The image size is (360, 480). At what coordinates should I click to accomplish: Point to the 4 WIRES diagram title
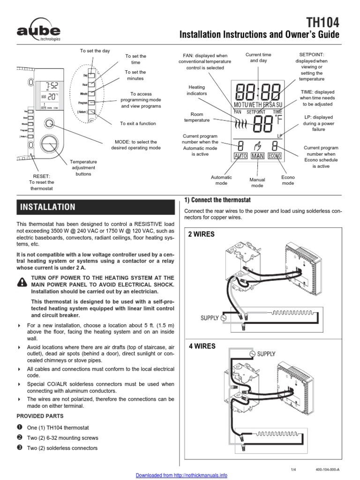(x=202, y=346)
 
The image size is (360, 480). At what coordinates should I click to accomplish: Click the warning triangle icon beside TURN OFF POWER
(x=22, y=281)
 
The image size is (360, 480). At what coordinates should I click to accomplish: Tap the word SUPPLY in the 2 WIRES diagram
(x=210, y=318)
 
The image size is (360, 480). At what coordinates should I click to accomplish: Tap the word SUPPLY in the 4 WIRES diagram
(x=266, y=354)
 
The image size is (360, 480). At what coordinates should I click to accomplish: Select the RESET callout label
(x=41, y=182)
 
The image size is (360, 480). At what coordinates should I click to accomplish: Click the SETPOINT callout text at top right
(x=312, y=67)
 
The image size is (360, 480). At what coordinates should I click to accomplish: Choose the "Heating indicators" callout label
(x=197, y=90)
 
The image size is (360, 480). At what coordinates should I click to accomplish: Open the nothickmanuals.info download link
(x=181, y=475)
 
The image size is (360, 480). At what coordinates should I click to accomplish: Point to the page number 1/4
(x=294, y=469)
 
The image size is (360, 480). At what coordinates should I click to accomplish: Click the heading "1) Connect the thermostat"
(x=217, y=200)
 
